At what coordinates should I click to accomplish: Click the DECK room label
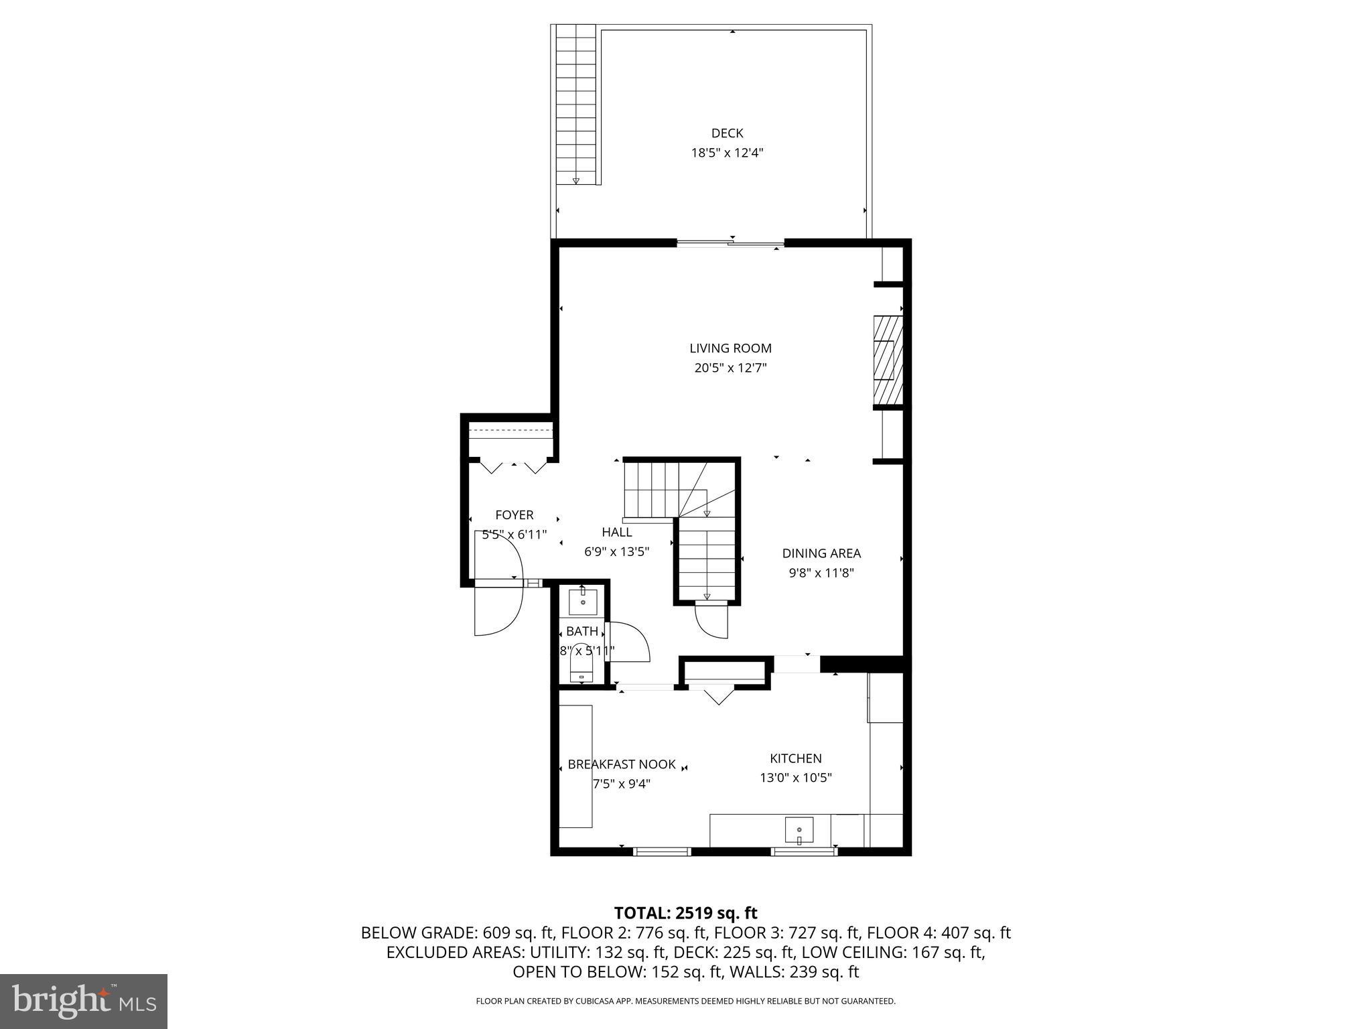(727, 133)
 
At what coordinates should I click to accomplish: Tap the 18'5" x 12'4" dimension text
(727, 153)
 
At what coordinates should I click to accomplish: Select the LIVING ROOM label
(730, 348)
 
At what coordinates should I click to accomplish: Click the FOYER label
(514, 515)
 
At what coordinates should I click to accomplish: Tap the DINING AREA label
(821, 553)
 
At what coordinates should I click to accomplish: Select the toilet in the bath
(581, 666)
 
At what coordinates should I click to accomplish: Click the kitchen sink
(799, 830)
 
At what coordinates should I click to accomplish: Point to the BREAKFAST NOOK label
(621, 764)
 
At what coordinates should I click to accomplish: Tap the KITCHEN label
(795, 758)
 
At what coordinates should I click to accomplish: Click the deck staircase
(575, 104)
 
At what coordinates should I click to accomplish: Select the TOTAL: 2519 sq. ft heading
(685, 913)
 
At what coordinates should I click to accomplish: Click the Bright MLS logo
(84, 1001)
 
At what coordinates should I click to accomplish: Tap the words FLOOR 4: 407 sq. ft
(939, 933)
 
